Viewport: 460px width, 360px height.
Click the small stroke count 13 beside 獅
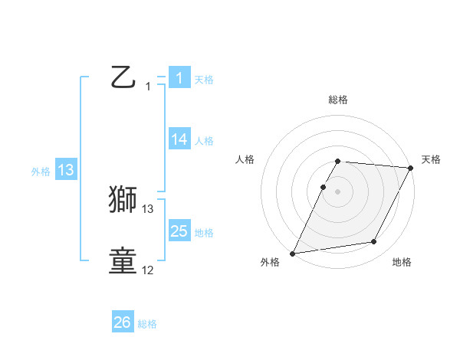(148, 208)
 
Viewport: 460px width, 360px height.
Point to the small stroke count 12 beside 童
(148, 270)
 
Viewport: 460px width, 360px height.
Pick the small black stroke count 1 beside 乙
(148, 87)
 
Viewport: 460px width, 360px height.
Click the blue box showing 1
(179, 77)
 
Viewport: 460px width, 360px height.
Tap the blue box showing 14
(179, 139)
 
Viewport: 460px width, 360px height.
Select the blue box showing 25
(179, 231)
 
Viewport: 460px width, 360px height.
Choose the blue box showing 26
(123, 322)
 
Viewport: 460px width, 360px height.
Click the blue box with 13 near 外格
(66, 170)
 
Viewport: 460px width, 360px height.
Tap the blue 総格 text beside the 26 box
(147, 324)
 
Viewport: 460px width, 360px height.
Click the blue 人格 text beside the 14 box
(204, 141)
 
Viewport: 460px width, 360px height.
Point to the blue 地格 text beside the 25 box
(204, 232)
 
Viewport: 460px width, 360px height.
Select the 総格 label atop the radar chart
(338, 100)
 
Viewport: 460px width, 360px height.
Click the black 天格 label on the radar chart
(431, 159)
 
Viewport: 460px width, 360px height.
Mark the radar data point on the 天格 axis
(411, 168)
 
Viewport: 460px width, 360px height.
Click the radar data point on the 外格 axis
(293, 254)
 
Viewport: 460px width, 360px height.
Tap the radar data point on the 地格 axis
(374, 242)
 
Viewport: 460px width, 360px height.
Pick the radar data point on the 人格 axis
(324, 187)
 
